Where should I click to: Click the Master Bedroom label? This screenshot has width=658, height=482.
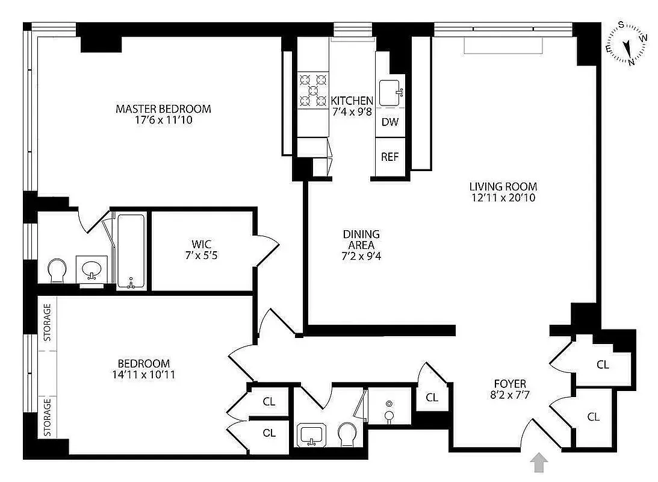click(163, 109)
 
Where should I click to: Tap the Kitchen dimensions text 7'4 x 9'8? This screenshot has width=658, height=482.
click(352, 112)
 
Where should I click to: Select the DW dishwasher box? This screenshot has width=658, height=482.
click(390, 122)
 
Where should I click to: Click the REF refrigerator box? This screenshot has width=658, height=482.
click(390, 157)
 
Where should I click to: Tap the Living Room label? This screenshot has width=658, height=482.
click(503, 187)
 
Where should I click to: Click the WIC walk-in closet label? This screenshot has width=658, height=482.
click(201, 244)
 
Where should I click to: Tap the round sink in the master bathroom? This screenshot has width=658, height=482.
click(92, 268)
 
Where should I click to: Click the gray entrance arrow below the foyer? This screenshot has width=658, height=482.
click(540, 463)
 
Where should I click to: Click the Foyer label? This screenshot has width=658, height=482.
click(510, 384)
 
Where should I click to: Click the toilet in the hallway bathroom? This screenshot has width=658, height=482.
click(347, 433)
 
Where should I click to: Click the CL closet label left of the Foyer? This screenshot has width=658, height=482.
click(432, 397)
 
